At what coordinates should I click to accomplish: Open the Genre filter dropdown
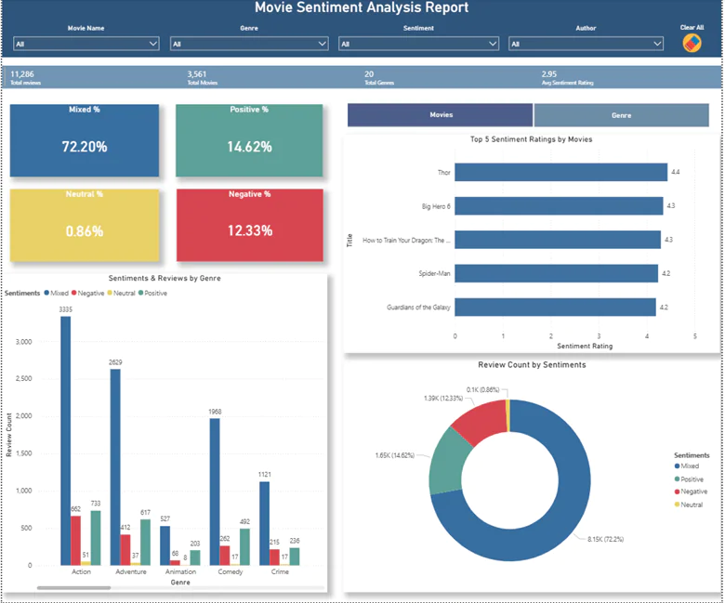pyautogui.click(x=249, y=44)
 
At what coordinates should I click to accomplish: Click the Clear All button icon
pyautogui.click(x=692, y=43)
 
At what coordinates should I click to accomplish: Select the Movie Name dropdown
pyautogui.click(x=86, y=44)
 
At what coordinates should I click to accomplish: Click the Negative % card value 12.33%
pyautogui.click(x=249, y=230)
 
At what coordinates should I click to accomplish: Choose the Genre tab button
pyautogui.click(x=621, y=115)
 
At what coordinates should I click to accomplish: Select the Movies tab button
pyautogui.click(x=441, y=115)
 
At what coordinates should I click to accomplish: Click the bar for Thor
pyautogui.click(x=560, y=172)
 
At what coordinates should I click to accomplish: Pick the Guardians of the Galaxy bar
pyautogui.click(x=555, y=307)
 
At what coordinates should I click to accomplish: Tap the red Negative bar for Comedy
pyautogui.click(x=225, y=555)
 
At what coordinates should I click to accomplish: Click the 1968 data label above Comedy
pyautogui.click(x=215, y=411)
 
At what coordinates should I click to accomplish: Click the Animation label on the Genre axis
pyautogui.click(x=180, y=571)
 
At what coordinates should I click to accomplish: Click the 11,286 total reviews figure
pyautogui.click(x=21, y=73)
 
